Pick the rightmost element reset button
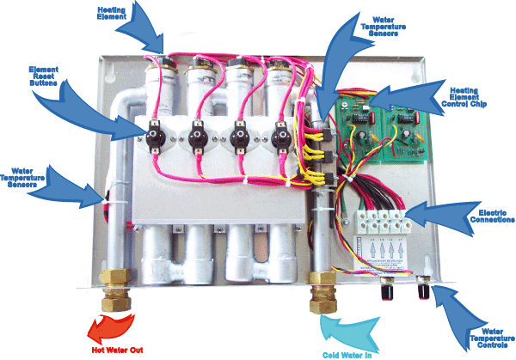[x=279, y=135]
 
